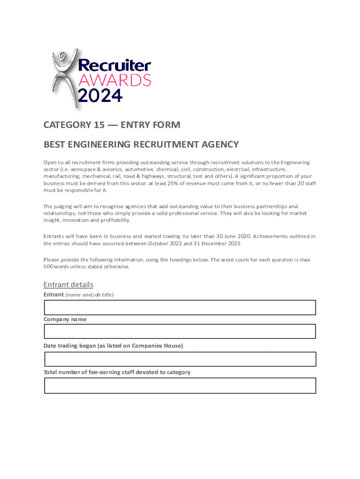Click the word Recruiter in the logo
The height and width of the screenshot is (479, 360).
coord(114,66)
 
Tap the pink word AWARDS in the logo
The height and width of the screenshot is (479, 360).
coord(114,80)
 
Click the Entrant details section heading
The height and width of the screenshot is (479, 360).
coord(68,284)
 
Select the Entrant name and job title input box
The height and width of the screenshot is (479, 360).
coord(180,307)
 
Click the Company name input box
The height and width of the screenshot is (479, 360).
coord(180,331)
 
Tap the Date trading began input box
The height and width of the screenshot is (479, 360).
coord(180,359)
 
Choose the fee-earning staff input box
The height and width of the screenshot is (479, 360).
coord(180,385)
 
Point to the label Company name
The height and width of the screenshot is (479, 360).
coord(65,319)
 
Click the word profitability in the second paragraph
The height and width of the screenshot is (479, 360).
coord(114,220)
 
